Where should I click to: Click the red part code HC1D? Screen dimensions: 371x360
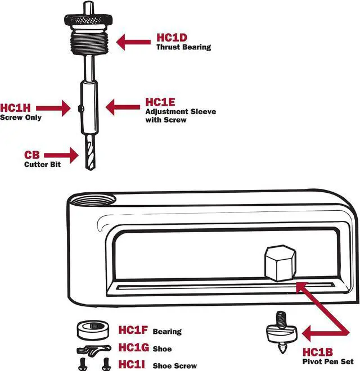[172, 39]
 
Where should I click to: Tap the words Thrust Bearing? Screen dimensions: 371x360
[183, 48]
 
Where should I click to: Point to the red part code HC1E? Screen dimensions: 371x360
[160, 102]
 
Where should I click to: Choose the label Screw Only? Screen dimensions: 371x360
[21, 117]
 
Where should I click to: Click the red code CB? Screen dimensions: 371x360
[31, 155]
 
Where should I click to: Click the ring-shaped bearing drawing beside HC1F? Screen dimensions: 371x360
[92, 331]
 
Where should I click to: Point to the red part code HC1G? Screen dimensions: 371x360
[132, 348]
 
